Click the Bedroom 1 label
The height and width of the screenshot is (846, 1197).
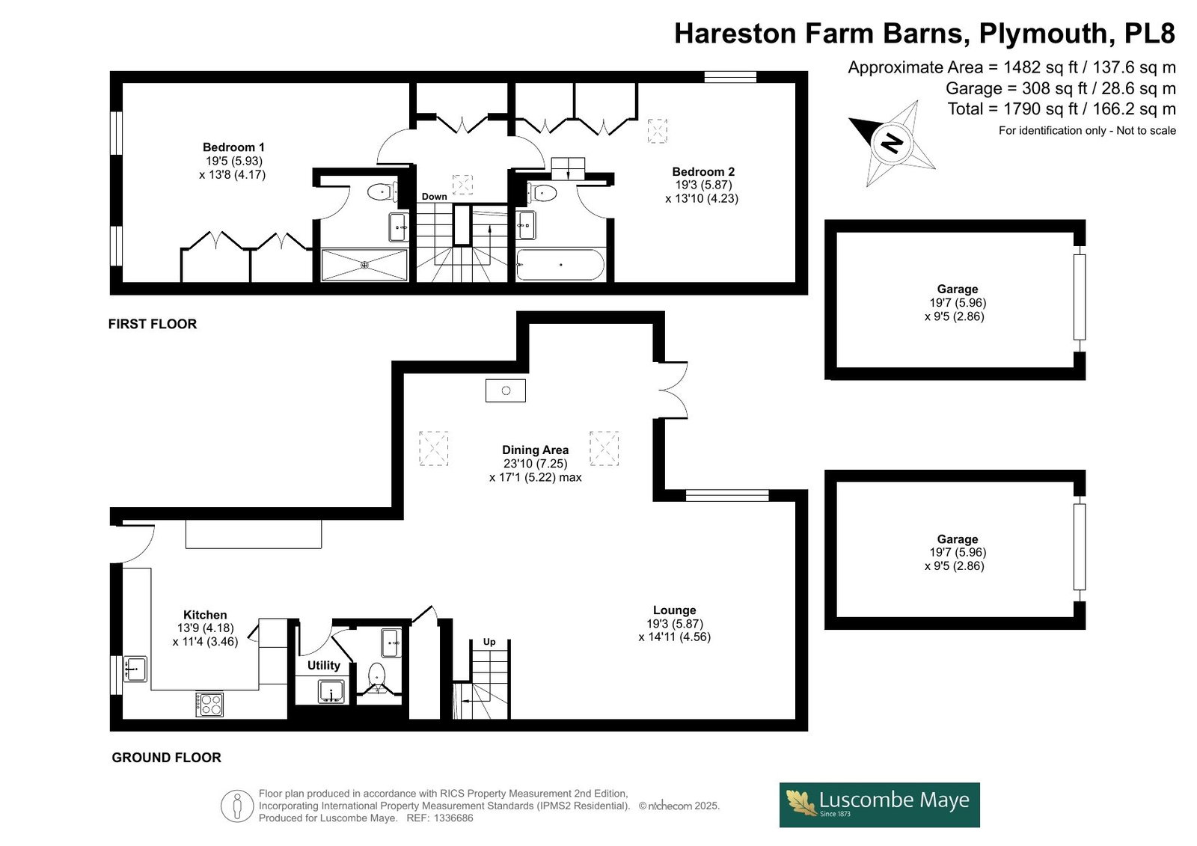(x=233, y=147)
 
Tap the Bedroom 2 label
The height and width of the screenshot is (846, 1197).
(x=703, y=171)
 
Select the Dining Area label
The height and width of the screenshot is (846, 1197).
(x=535, y=450)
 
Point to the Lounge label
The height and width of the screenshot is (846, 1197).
(x=674, y=610)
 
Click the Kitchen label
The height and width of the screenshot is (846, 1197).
(x=205, y=615)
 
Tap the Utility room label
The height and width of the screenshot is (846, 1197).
(x=323, y=666)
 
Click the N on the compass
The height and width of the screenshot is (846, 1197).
(x=891, y=143)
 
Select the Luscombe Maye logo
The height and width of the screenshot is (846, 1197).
(x=880, y=805)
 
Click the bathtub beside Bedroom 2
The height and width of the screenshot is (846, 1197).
(x=560, y=265)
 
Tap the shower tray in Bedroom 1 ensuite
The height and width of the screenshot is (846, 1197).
(x=364, y=265)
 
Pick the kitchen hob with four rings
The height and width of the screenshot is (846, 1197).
(x=209, y=705)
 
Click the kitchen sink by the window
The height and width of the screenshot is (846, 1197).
(x=135, y=669)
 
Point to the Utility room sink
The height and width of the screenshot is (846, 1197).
(x=331, y=692)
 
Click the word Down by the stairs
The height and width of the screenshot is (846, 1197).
(x=434, y=197)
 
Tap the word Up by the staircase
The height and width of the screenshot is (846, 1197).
(x=489, y=642)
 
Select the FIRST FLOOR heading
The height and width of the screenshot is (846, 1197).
(x=153, y=324)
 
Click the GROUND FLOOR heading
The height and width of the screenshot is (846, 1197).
(x=166, y=757)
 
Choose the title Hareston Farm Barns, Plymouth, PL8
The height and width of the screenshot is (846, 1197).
(x=925, y=33)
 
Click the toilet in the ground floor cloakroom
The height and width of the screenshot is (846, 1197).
(x=378, y=675)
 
